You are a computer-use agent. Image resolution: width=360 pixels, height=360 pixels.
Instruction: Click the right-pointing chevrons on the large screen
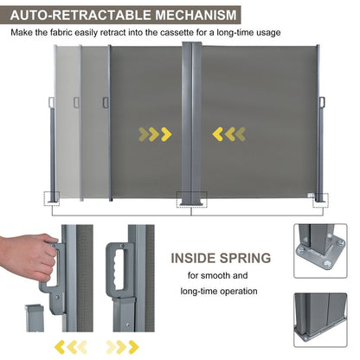click(x=153, y=133)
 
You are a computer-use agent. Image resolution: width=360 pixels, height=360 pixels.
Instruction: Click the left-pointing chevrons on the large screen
click(x=229, y=133)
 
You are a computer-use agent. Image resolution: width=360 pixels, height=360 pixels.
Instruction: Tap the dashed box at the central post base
click(x=191, y=199)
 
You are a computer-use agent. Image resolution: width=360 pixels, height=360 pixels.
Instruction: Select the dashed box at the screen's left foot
click(x=51, y=198)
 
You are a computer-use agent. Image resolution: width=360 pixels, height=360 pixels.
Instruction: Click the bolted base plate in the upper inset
click(x=320, y=256)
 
